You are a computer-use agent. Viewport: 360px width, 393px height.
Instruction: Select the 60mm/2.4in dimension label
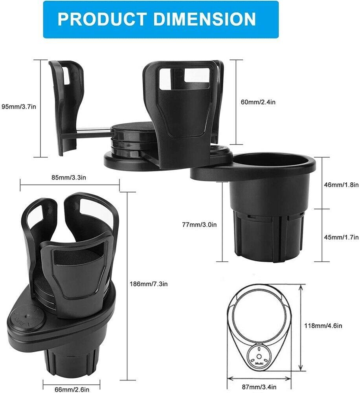(257, 102)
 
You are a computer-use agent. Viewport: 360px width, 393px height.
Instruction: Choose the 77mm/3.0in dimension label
(199, 225)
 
